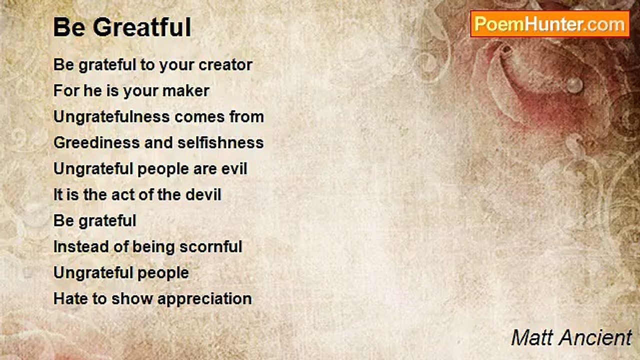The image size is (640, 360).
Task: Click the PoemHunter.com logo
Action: pyautogui.click(x=550, y=24)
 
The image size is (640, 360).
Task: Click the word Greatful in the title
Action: pyautogui.click(x=142, y=27)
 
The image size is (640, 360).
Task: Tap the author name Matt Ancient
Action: pyautogui.click(x=571, y=337)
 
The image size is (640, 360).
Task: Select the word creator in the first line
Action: pyautogui.click(x=225, y=65)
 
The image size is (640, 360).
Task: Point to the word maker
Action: pyautogui.click(x=185, y=90)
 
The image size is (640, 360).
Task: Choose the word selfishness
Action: pyautogui.click(x=220, y=142)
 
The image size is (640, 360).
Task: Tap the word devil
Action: pyautogui.click(x=203, y=194)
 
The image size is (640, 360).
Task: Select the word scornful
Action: pyautogui.click(x=211, y=246)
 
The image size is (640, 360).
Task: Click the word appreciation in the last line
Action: pyautogui.click(x=204, y=299)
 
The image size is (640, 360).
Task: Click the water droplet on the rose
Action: pyautogui.click(x=574, y=84)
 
